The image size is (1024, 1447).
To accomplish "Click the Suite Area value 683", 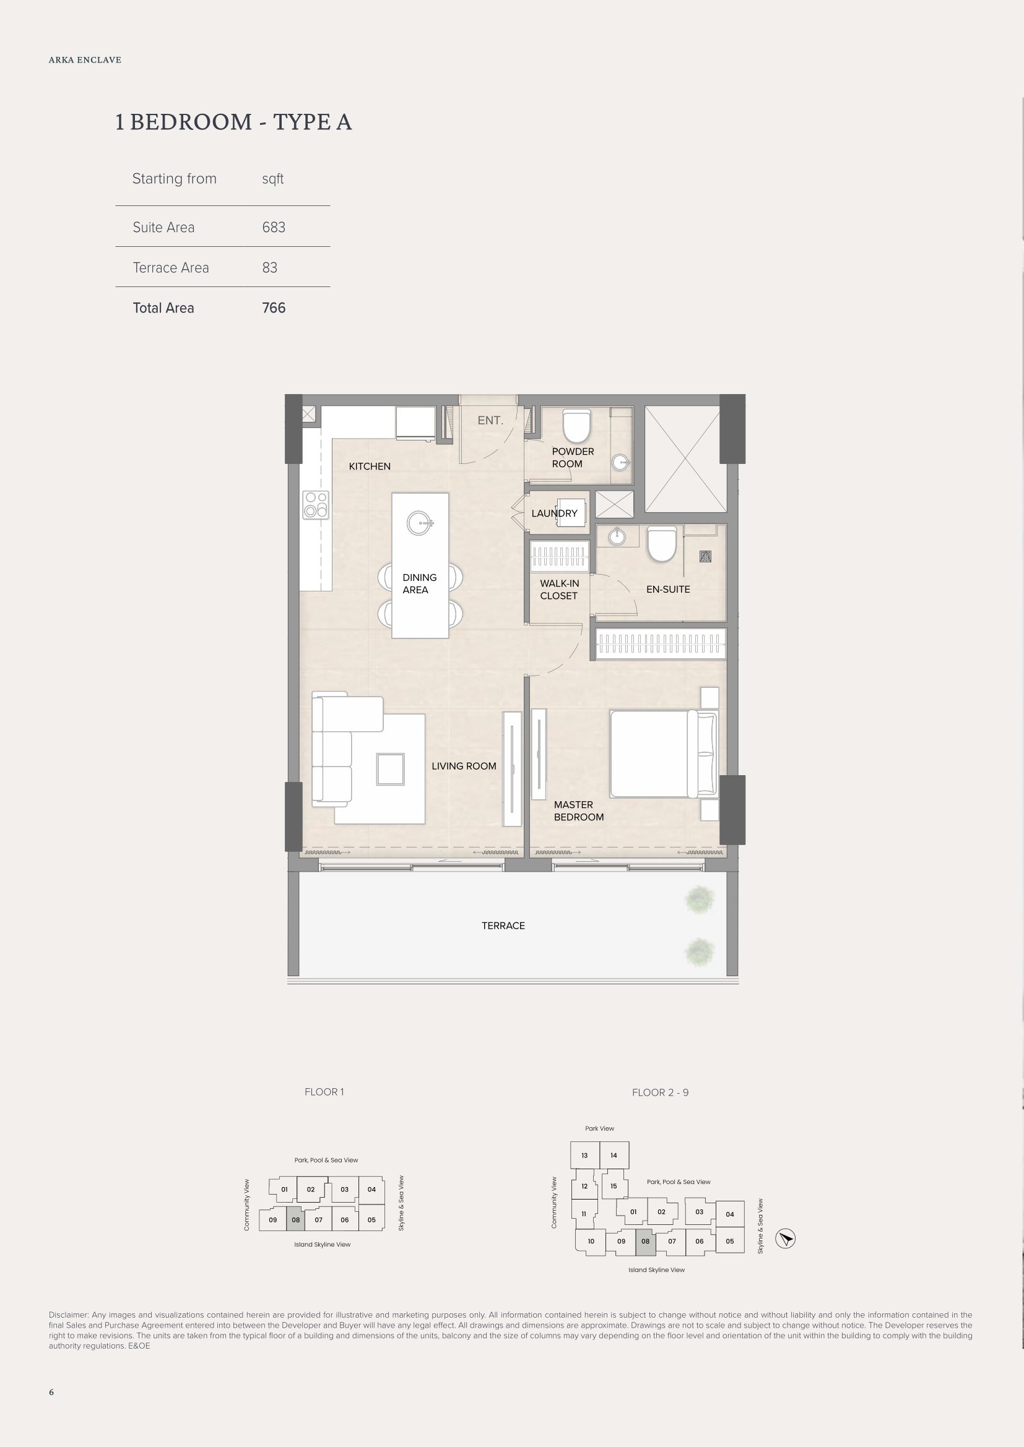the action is [x=274, y=228].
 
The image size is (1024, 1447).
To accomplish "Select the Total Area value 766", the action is [x=274, y=308].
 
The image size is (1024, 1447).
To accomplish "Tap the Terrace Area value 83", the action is [x=270, y=268].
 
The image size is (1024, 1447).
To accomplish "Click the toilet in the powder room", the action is [x=576, y=427].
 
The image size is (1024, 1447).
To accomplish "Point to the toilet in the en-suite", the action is [x=661, y=544].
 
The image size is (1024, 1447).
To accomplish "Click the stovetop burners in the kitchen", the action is [x=316, y=505].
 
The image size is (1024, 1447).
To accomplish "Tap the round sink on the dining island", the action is [x=419, y=523].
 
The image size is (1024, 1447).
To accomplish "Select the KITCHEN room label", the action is [x=370, y=466].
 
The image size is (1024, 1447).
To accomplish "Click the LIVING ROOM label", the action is [x=464, y=766].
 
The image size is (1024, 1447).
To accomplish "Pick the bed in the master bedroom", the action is [x=663, y=754].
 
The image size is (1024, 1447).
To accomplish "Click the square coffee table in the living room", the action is [x=390, y=770].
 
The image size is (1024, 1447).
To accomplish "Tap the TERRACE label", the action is [x=503, y=926].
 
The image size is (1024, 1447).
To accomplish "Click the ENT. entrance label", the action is [x=490, y=420].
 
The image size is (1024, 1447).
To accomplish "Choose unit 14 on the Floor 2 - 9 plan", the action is [x=614, y=1155].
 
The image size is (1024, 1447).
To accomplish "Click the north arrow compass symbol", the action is [x=785, y=1239].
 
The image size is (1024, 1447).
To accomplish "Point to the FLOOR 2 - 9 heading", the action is [x=660, y=1093].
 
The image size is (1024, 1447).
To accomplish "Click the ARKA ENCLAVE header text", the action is [x=85, y=60].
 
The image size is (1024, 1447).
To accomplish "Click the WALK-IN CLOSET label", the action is [x=559, y=590].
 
